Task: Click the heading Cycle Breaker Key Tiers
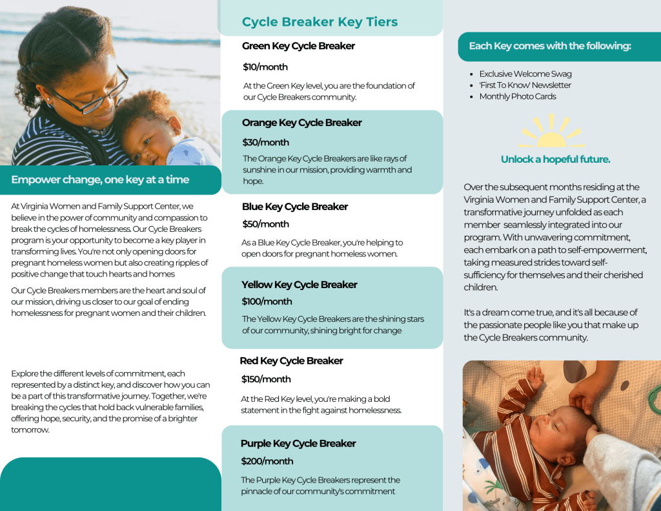tap(320, 22)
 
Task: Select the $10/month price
tap(265, 67)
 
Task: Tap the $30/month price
tap(265, 142)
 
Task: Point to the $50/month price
tap(265, 224)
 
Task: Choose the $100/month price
tap(267, 302)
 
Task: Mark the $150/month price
tap(266, 379)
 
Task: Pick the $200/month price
tap(267, 461)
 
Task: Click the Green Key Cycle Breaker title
tap(298, 46)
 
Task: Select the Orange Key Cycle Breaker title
tap(301, 123)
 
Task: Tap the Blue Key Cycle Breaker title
tap(295, 207)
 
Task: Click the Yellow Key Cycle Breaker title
tap(300, 285)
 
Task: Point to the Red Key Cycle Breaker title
tap(291, 361)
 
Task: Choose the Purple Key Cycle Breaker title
tap(298, 444)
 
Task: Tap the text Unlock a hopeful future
tap(555, 160)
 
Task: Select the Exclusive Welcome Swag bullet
tap(525, 74)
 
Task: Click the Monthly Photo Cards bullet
tap(517, 97)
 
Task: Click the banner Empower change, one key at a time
tap(100, 180)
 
